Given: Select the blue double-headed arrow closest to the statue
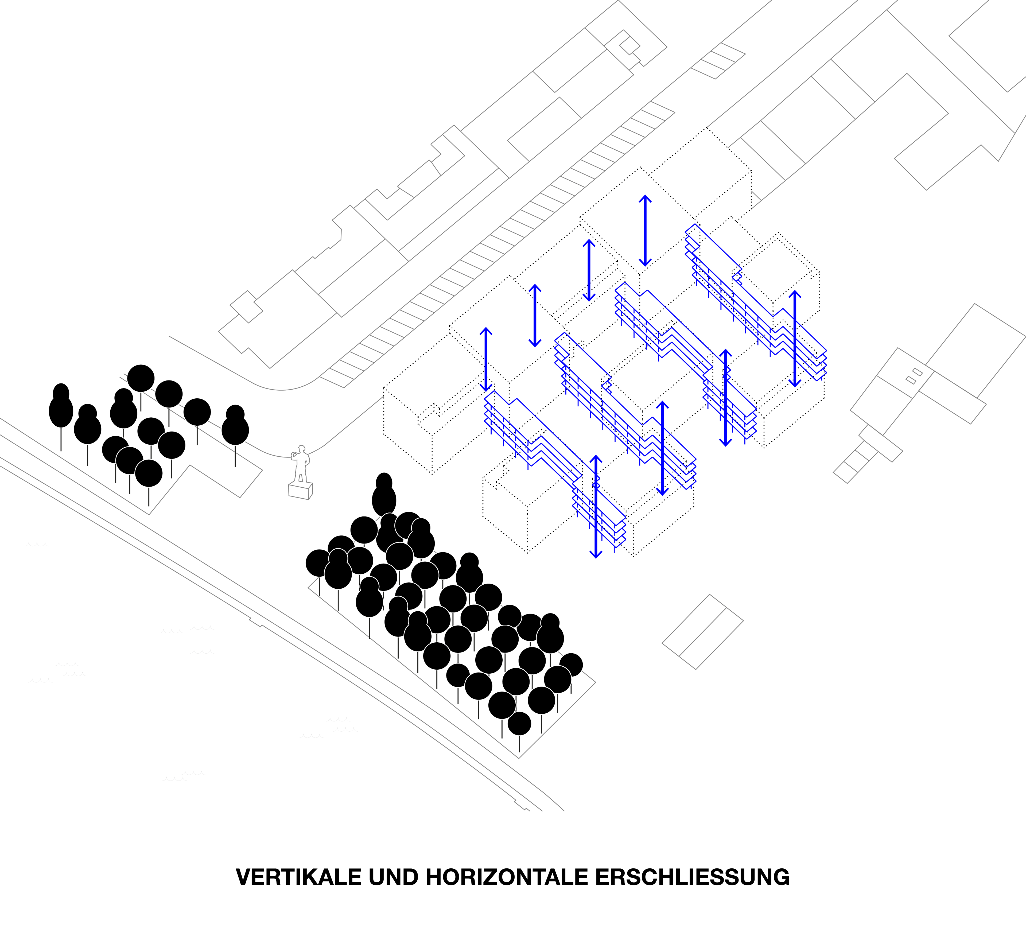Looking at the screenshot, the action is pos(486,359).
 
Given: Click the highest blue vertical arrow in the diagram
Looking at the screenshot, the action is pos(645,231).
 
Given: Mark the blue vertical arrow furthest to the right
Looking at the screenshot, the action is pos(795,339).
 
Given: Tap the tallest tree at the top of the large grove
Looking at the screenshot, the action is pos(384,495).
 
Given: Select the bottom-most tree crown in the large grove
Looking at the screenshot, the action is pos(519,723).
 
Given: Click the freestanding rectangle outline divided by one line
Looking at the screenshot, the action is pos(702,632).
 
